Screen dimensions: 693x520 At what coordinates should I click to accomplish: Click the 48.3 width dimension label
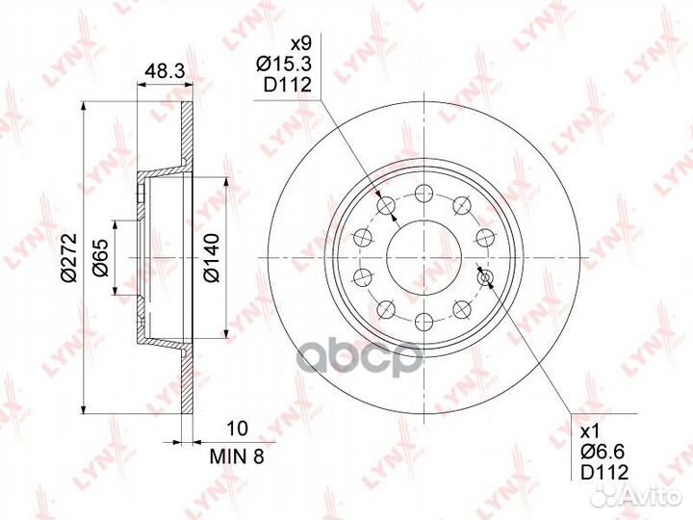(165, 70)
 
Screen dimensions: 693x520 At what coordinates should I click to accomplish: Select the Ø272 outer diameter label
(69, 257)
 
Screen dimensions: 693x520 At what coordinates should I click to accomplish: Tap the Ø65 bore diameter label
(101, 258)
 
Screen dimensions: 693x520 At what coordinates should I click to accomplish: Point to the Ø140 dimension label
(212, 258)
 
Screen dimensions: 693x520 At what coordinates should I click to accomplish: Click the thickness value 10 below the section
(238, 428)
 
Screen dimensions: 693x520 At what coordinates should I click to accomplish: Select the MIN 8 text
(237, 456)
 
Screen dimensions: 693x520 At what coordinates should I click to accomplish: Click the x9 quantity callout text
(300, 43)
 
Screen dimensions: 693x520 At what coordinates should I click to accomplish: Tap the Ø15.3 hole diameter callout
(284, 65)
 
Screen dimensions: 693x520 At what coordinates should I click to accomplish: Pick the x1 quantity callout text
(589, 430)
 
